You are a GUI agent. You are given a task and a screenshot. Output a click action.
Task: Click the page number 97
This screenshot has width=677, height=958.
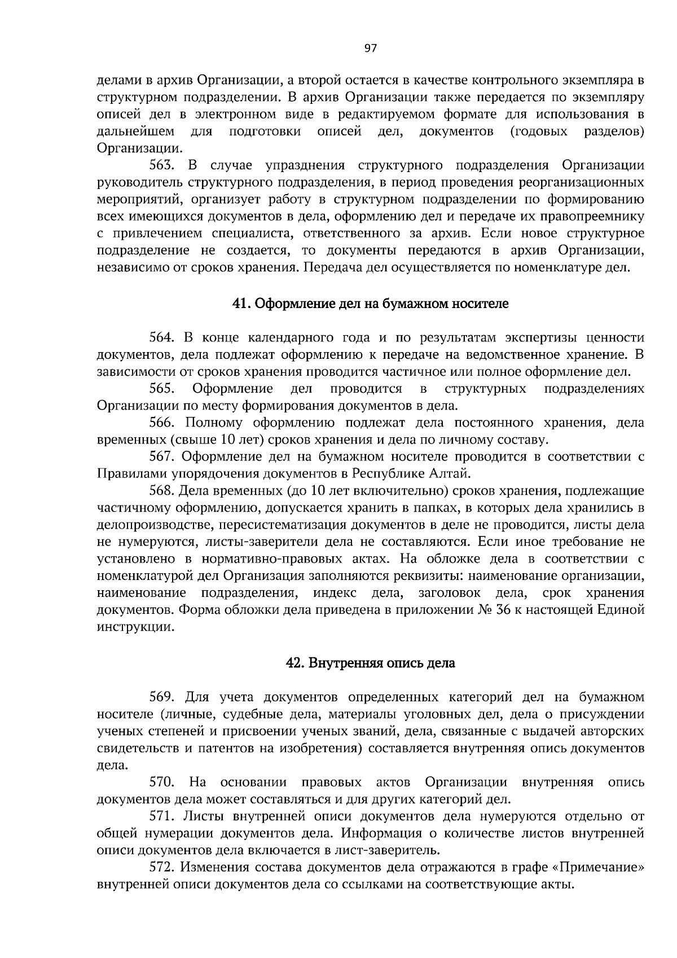pos(370,48)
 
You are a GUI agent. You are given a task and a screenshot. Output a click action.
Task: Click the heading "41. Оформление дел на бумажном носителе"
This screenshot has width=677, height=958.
pos(371,304)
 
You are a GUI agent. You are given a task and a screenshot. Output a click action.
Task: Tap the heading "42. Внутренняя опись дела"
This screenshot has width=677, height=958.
pos(371,663)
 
